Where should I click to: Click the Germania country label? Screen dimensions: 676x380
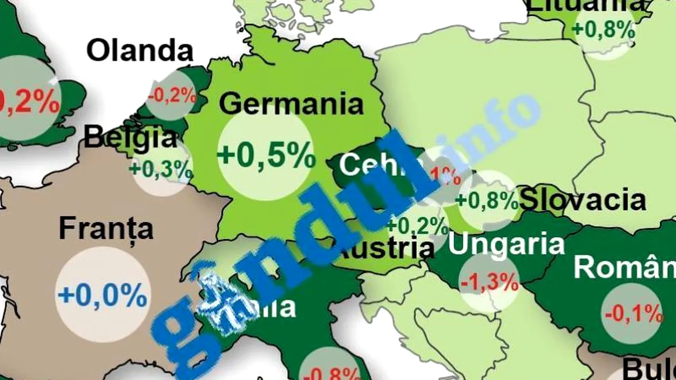[x=291, y=103]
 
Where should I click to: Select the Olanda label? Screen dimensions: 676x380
[x=140, y=51]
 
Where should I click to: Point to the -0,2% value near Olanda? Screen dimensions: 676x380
[x=172, y=96]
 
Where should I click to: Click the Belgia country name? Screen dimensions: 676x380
[x=130, y=138]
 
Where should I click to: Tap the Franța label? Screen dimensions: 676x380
[x=106, y=229]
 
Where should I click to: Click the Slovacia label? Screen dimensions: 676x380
[x=583, y=201]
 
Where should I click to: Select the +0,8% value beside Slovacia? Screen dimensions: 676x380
[x=486, y=201]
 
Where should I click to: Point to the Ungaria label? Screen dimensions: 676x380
[x=506, y=244]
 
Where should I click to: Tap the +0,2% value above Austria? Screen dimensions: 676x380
[x=417, y=225]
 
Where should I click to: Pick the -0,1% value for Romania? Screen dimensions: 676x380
[x=633, y=314]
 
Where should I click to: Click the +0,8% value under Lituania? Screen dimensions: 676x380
[x=604, y=30]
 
